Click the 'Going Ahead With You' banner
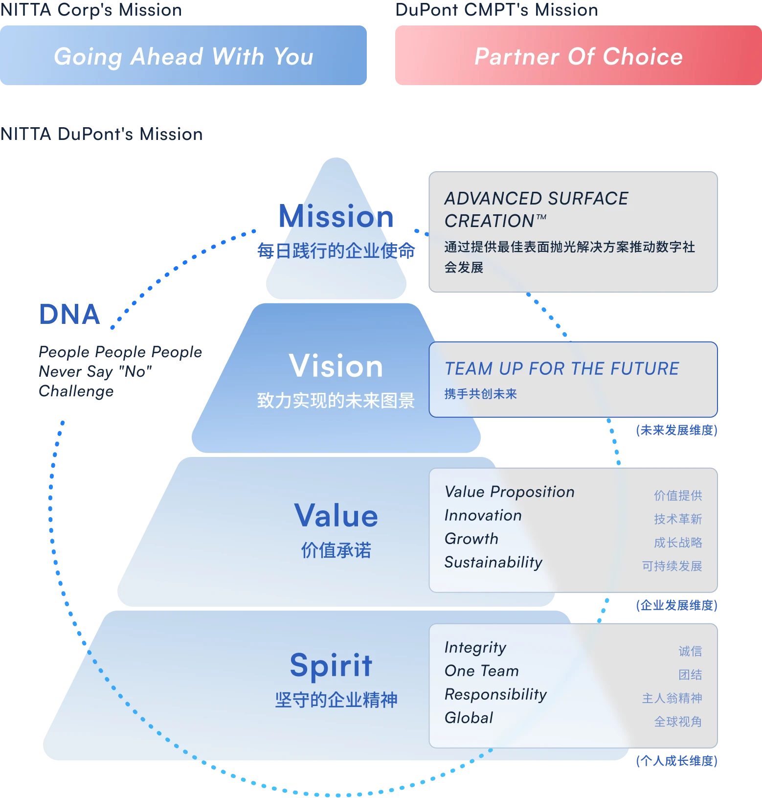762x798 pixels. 183,56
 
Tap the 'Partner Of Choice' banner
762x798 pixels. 578,56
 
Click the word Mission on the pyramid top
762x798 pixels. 336,216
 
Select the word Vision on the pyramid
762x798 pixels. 336,366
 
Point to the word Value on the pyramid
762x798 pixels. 336,516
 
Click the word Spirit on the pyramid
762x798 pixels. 331,665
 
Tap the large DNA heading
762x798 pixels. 70,314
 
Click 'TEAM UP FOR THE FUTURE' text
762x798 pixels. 561,368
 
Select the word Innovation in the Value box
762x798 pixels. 483,515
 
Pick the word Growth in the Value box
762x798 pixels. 471,539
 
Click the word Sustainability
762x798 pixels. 493,563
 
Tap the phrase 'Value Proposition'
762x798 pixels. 509,492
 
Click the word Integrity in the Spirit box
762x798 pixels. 475,648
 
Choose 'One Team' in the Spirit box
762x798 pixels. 481,671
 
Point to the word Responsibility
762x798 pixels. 495,695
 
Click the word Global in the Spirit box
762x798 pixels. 469,718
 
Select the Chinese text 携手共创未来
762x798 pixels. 480,394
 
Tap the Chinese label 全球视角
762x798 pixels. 678,722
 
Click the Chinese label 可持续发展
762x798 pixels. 672,566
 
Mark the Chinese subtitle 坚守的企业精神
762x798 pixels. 336,700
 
